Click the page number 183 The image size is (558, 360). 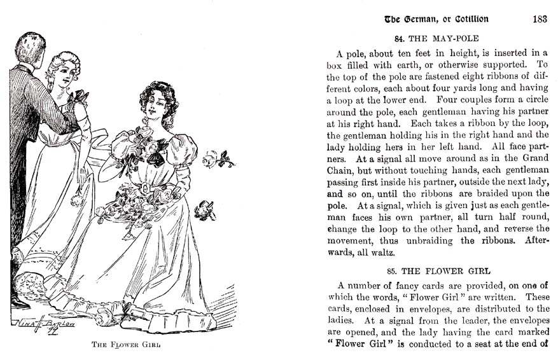[540, 19]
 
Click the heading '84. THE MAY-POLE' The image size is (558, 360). [436, 38]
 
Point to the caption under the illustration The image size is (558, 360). [126, 345]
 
